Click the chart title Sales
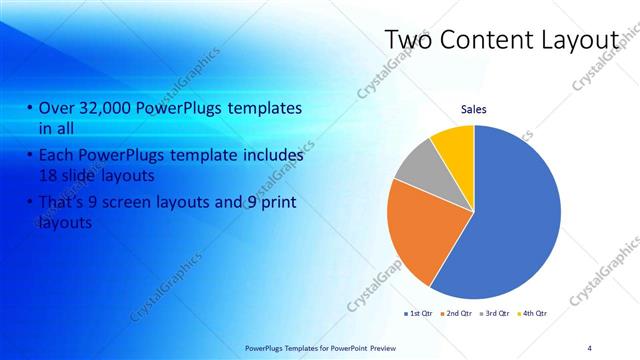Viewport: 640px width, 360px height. [x=474, y=109]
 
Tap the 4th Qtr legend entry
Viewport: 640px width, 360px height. [x=533, y=313]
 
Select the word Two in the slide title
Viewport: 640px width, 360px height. [x=409, y=39]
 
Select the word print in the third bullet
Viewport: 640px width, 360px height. [x=274, y=203]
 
